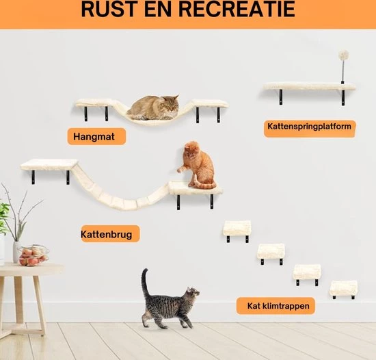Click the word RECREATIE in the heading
point(237,9)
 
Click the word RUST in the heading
point(111,9)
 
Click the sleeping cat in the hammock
point(153,107)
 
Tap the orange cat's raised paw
point(179,170)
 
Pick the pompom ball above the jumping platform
point(343,55)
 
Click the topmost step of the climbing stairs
point(237,228)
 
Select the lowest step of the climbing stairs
point(343,288)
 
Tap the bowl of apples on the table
point(33,255)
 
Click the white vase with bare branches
point(16,251)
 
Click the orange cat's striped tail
point(204,183)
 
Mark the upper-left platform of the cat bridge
point(49,164)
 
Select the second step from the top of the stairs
point(271,251)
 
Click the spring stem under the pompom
point(343,72)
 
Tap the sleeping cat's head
point(171,103)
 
